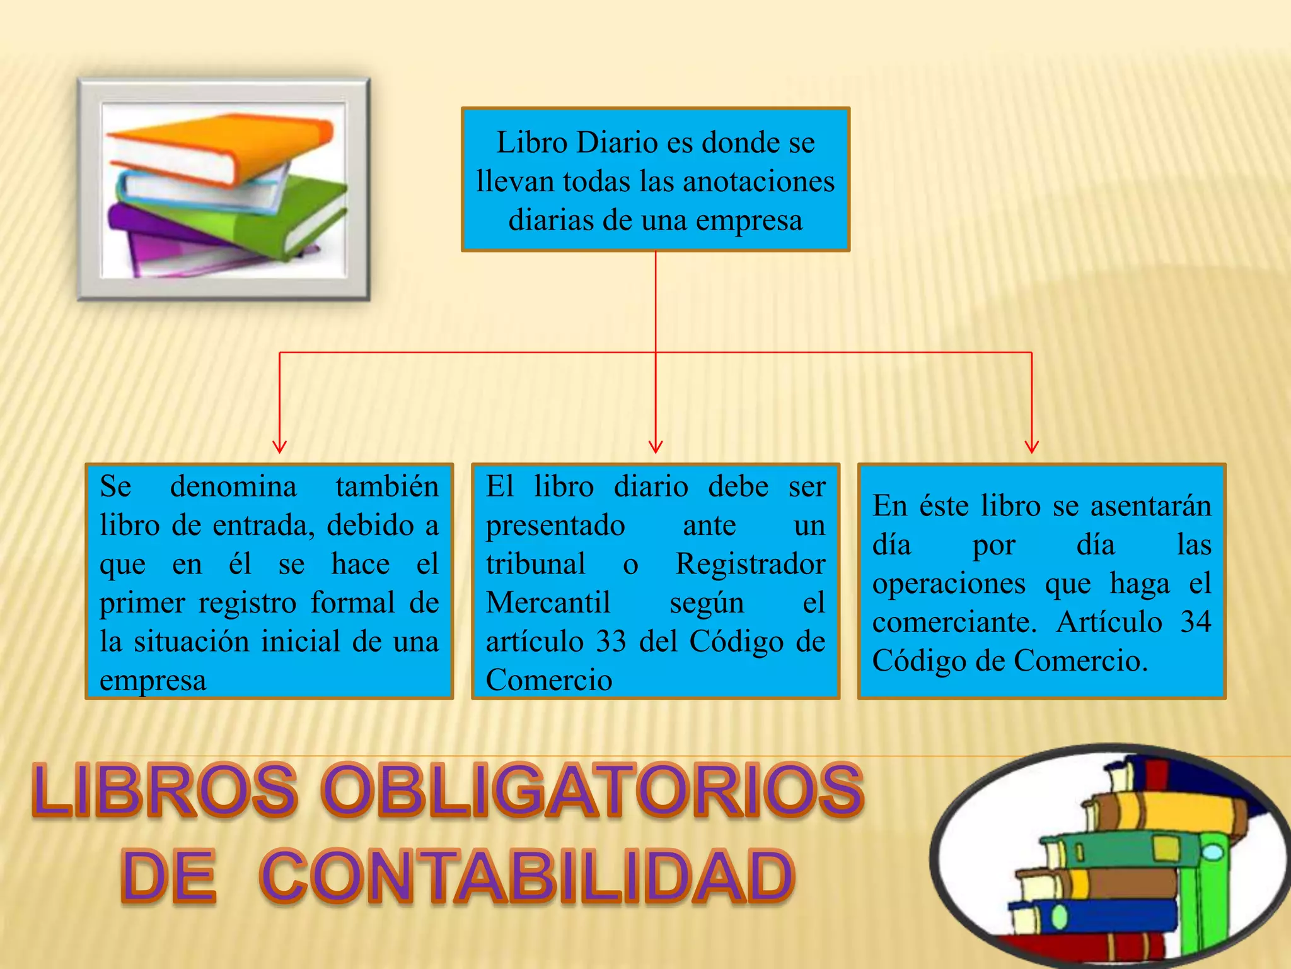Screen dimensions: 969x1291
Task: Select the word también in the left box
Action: (x=386, y=486)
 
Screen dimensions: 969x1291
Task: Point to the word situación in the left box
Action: (x=197, y=642)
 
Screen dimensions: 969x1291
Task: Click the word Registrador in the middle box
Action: (x=750, y=564)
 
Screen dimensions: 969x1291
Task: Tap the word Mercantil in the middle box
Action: (x=548, y=602)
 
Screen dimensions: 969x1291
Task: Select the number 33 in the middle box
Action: (x=611, y=642)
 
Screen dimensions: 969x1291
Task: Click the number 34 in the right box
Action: (x=1195, y=622)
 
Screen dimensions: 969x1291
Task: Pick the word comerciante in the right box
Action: (x=952, y=622)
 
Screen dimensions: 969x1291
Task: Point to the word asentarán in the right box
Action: (x=1150, y=506)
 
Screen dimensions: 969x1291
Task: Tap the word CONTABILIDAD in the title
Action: (x=527, y=876)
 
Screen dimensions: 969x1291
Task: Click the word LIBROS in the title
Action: (x=165, y=790)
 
